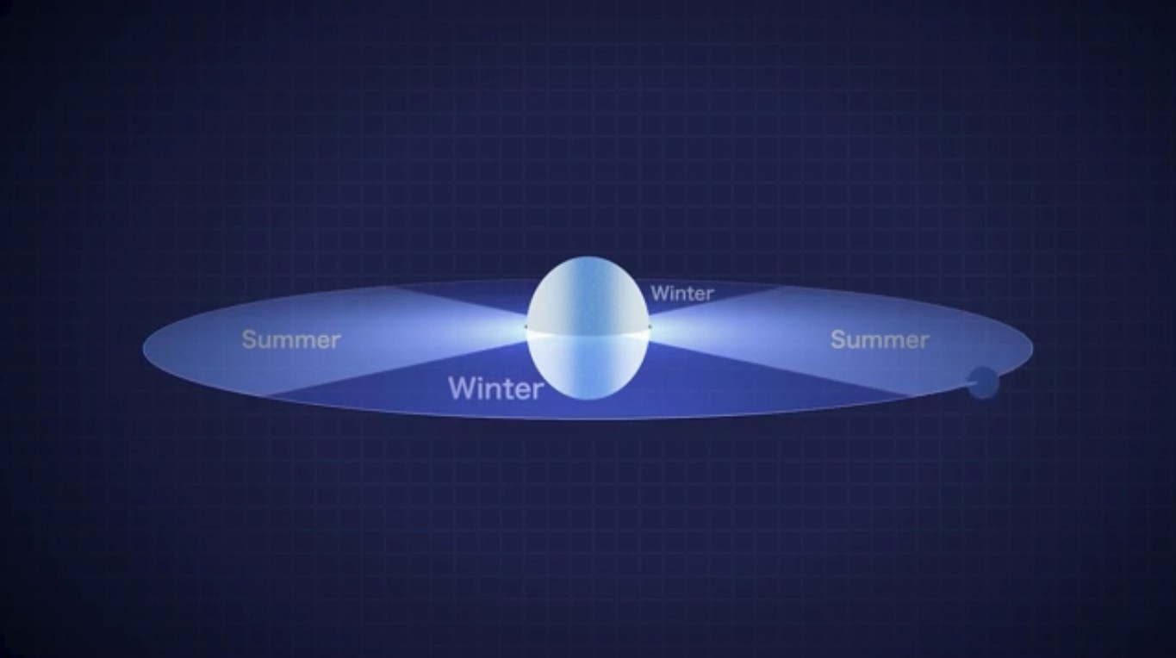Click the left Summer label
(291, 340)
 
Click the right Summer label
(880, 340)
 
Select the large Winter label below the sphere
(495, 388)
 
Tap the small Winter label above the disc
(682, 294)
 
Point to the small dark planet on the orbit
(983, 382)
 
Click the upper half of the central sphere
(588, 294)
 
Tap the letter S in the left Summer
(248, 340)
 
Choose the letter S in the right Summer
(838, 340)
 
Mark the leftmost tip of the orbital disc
(143, 346)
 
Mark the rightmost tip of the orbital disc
(1033, 346)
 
